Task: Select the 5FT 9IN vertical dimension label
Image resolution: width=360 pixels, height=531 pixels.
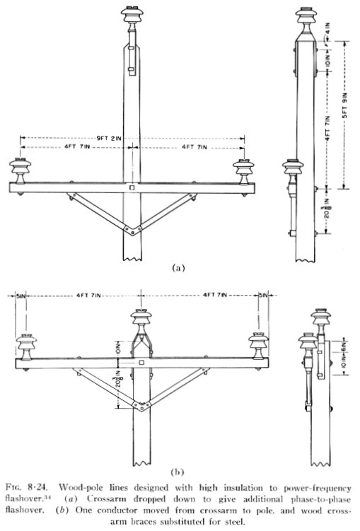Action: point(344,105)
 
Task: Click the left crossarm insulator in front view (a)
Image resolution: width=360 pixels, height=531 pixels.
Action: point(21,171)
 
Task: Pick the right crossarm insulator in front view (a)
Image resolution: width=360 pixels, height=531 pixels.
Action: point(243,172)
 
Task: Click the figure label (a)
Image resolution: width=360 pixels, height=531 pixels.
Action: point(179,268)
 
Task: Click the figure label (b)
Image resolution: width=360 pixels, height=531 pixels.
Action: point(178,472)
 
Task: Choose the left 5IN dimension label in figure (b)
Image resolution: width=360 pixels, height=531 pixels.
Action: point(21,296)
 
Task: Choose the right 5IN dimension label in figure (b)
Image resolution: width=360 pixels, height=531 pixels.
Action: point(263,296)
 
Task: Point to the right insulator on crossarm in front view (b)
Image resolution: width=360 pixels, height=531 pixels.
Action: point(258,346)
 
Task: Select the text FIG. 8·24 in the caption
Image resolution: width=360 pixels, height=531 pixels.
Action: point(27,488)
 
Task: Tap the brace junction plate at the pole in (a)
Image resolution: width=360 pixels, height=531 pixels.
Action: point(132,230)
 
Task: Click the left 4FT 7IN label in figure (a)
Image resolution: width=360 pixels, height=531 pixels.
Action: point(77,147)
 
